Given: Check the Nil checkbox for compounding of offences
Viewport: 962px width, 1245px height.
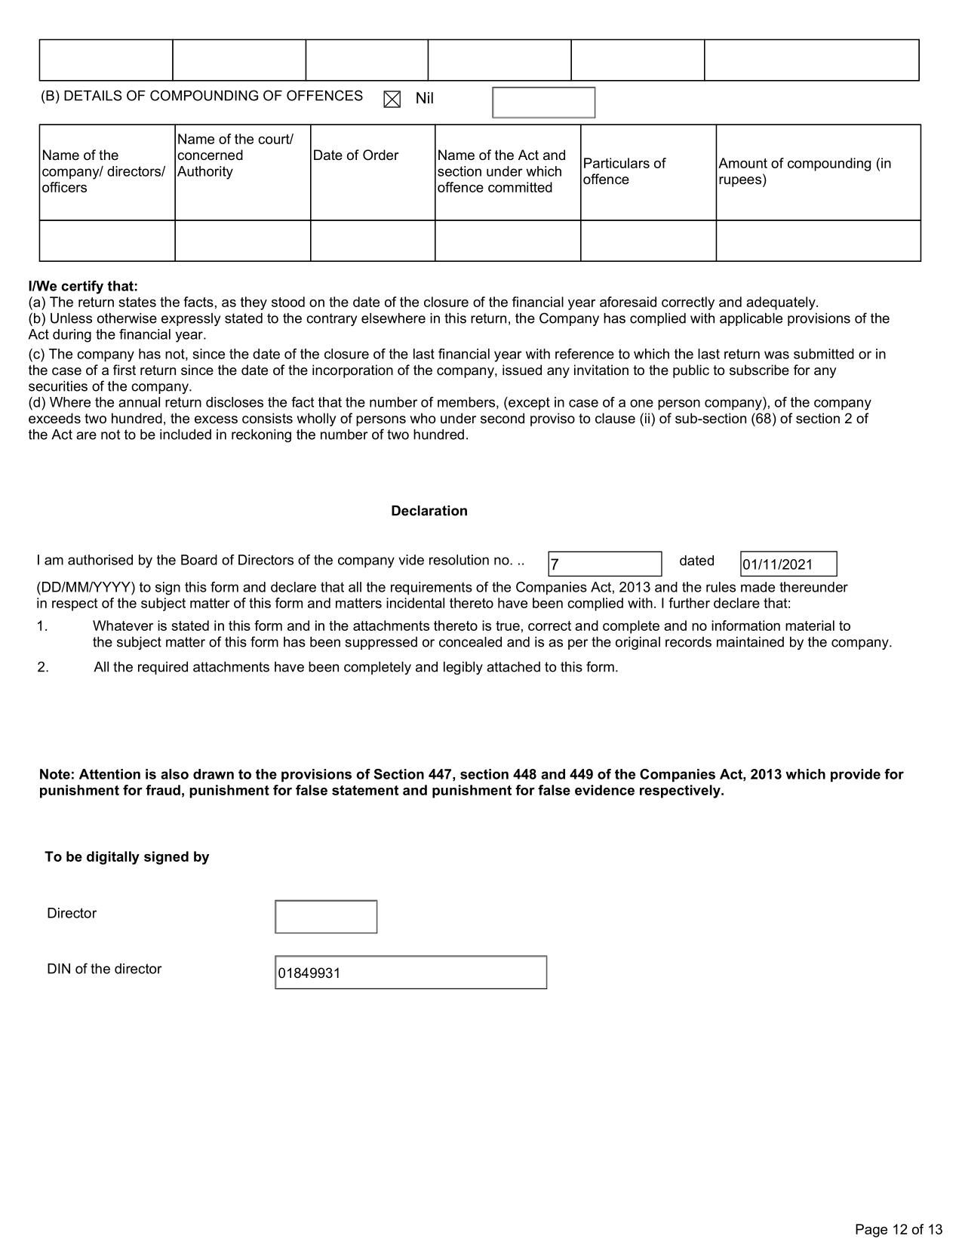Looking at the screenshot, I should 392,100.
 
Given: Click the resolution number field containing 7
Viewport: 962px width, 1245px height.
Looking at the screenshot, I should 604,564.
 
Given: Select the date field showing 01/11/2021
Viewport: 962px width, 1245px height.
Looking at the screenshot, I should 788,564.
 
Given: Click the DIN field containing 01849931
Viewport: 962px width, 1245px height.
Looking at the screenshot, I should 410,973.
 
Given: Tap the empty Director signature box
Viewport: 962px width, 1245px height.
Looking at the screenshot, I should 326,917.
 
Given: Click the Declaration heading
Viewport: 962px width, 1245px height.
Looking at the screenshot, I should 429,511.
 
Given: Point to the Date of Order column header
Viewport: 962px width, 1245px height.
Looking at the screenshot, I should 355,155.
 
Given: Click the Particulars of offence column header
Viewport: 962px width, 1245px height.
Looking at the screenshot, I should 624,171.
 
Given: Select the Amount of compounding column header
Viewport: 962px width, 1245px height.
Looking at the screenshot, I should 804,171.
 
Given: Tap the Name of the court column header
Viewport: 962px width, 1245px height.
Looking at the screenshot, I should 235,155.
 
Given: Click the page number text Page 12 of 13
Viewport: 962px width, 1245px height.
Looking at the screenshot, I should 899,1229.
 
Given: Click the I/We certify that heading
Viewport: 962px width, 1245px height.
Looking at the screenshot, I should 83,287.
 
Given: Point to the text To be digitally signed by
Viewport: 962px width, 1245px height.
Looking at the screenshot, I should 127,857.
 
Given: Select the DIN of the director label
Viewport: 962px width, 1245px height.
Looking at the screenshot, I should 104,969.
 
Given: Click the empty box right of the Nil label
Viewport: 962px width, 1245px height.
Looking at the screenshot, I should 543,103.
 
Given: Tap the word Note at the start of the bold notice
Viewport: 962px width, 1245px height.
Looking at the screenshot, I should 56,775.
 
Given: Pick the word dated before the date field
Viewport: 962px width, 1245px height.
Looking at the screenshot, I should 696,561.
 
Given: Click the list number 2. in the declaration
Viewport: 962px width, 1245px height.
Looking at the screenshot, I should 43,668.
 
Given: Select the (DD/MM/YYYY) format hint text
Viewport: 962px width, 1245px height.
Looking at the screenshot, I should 85,588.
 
